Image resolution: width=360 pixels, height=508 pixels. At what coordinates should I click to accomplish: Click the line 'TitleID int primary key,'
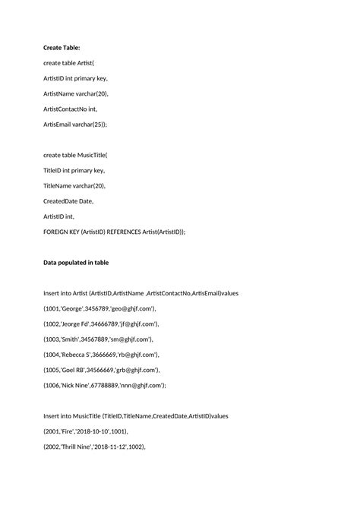(74, 170)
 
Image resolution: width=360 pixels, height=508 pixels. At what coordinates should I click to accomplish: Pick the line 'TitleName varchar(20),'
(74, 185)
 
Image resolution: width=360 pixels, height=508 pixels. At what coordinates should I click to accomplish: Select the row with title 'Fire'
(85, 431)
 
